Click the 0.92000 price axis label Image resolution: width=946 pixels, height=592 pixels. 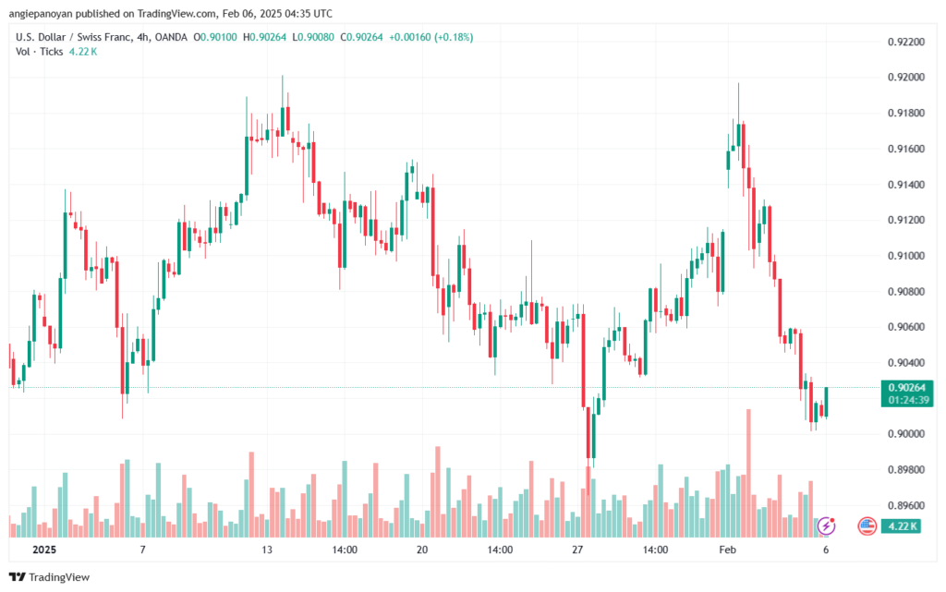pos(906,78)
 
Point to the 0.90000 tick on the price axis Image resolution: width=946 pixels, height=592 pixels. pos(906,434)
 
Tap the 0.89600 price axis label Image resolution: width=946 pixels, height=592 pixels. pos(906,505)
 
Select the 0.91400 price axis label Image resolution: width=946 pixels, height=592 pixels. pos(906,185)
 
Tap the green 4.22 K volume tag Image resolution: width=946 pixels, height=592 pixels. pos(901,526)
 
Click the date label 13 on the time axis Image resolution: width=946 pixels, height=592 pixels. pos(267,550)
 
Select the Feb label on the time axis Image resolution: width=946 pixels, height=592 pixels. pos(728,550)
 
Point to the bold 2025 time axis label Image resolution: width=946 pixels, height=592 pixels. pos(44,550)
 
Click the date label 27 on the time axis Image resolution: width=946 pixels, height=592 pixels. pos(577,550)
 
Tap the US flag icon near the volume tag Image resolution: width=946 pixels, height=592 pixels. pos(867,526)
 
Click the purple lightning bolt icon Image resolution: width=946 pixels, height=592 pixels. pos(826,526)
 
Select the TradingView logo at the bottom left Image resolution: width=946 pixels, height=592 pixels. pos(50,577)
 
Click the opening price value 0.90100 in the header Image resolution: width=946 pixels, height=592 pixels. pos(218,37)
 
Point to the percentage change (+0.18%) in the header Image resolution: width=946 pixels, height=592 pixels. pos(454,37)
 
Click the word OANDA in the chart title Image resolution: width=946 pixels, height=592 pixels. pos(171,37)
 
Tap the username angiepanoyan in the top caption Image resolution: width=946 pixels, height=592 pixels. pos(40,13)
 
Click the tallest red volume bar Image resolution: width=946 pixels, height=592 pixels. pos(748,473)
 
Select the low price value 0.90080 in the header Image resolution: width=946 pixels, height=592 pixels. pos(316,37)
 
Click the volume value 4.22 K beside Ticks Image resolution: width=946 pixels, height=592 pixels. pos(82,52)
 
